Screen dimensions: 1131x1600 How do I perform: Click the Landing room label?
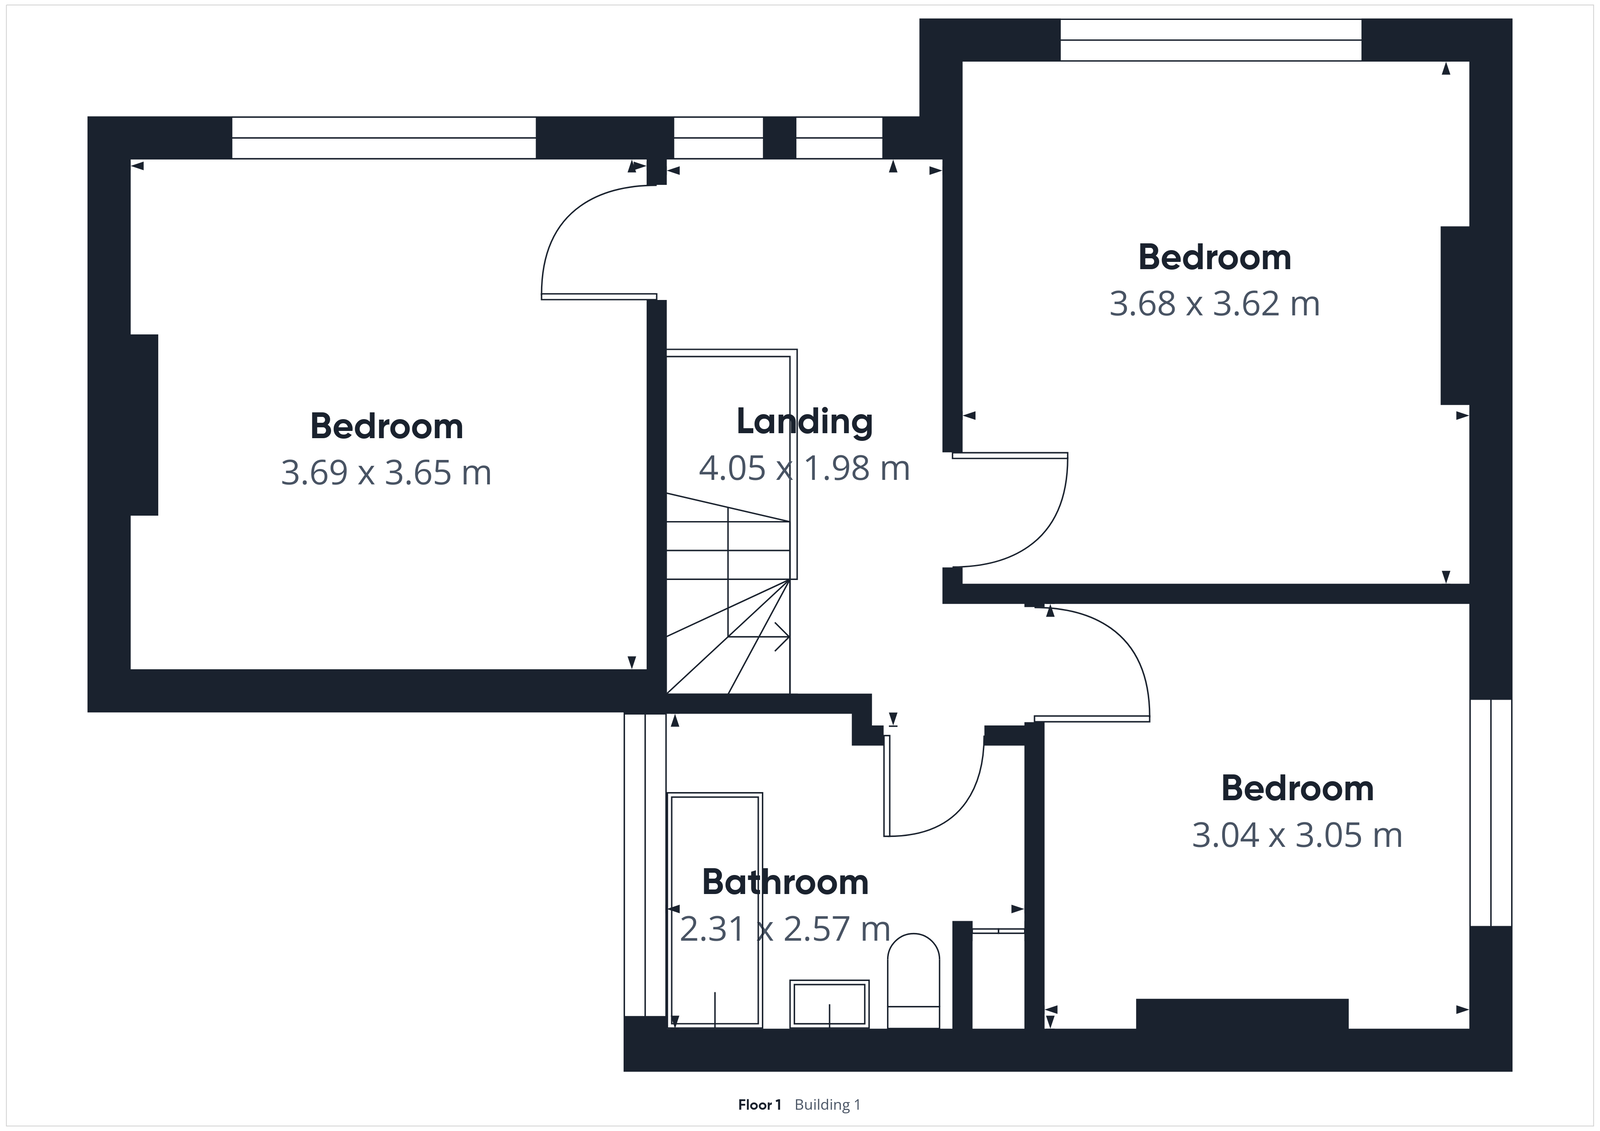pyautogui.click(x=804, y=422)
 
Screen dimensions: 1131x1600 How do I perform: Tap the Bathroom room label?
pyautogui.click(x=785, y=882)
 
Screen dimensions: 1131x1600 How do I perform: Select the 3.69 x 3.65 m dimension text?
pyautogui.click(x=386, y=472)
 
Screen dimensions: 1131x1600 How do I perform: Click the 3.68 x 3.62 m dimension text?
pyautogui.click(x=1214, y=304)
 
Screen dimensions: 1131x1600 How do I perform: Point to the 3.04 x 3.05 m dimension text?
pyautogui.click(x=1297, y=835)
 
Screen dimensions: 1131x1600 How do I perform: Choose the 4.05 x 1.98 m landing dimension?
pyautogui.click(x=804, y=468)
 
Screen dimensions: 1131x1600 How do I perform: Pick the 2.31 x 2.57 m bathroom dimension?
pyautogui.click(x=785, y=929)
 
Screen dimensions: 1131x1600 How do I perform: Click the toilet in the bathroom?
pyautogui.click(x=914, y=980)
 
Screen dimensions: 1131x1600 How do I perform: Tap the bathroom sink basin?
pyautogui.click(x=829, y=1003)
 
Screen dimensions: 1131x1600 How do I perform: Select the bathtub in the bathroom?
pyautogui.click(x=715, y=909)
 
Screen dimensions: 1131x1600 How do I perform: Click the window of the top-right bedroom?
pyautogui.click(x=1210, y=40)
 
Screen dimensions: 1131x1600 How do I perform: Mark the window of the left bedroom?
pyautogui.click(x=383, y=138)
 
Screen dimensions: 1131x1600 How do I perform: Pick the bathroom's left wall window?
pyautogui.click(x=645, y=865)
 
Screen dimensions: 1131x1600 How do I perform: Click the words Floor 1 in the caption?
pyautogui.click(x=759, y=1105)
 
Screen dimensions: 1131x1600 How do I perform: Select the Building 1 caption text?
pyautogui.click(x=828, y=1105)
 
